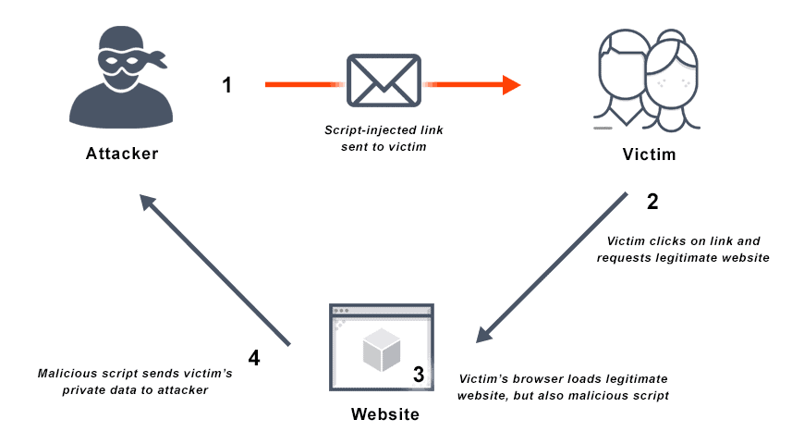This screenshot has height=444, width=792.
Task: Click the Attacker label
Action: pos(123,154)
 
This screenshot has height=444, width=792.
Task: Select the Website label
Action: pos(384,413)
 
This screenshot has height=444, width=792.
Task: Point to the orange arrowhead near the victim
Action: pos(511,85)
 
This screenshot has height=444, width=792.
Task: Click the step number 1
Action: pos(227,85)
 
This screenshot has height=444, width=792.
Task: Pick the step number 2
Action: pos(652,201)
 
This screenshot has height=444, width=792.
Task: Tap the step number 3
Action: pos(419,375)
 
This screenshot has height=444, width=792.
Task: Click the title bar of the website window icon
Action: pos(381,310)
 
